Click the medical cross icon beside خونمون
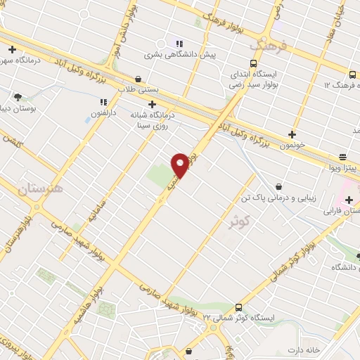(292, 134)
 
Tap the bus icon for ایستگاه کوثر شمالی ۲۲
(238, 307)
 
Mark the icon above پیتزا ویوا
(342, 157)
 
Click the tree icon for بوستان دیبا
(18, 97)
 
